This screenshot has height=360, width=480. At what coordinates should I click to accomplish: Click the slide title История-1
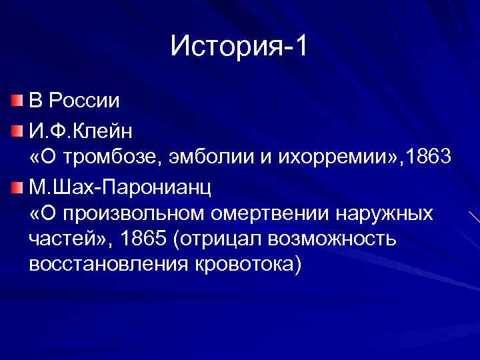[x=239, y=46]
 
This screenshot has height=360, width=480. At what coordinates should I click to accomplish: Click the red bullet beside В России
[x=17, y=101]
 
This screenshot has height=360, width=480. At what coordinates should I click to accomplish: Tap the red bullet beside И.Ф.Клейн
[x=17, y=128]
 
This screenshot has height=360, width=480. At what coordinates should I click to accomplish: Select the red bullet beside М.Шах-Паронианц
[x=17, y=184]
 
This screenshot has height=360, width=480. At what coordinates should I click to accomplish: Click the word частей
[x=61, y=239]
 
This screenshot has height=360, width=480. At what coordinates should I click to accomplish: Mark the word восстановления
[x=99, y=264]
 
